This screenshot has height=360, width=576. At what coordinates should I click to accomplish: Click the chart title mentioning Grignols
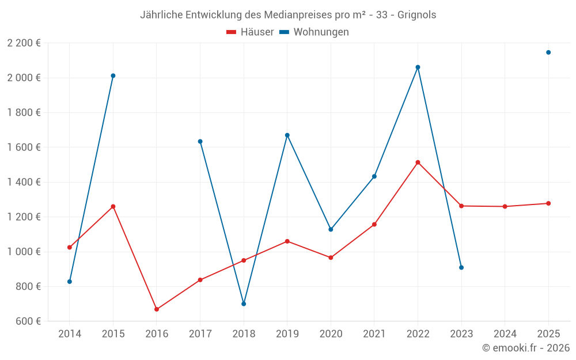tap(288, 15)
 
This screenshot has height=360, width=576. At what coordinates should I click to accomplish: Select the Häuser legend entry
tap(250, 32)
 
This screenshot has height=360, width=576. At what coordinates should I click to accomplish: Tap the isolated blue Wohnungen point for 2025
tap(548, 52)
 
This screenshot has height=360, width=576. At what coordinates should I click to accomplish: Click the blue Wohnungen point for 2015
tap(113, 75)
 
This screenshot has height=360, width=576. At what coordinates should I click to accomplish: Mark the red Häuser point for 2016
tap(157, 309)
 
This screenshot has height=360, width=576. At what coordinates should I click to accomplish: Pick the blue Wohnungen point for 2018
tap(244, 304)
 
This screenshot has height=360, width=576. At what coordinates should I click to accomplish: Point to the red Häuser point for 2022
tap(418, 162)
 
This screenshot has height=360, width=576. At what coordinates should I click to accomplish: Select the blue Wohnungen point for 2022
tap(418, 67)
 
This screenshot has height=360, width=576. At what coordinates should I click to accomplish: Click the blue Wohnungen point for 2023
tap(461, 267)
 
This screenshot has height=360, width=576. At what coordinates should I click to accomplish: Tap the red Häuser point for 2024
tap(505, 206)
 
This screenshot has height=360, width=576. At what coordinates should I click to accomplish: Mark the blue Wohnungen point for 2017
tap(200, 141)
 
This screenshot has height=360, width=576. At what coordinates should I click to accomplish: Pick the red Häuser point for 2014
tap(70, 247)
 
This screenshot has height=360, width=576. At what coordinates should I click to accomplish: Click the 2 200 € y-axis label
tap(24, 43)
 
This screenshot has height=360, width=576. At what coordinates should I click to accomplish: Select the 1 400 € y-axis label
tap(24, 182)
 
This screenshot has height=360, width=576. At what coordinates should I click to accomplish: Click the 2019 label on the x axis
tap(287, 334)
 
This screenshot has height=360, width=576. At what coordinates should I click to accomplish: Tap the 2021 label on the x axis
tap(374, 334)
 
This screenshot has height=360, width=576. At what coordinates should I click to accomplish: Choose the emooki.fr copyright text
tap(525, 348)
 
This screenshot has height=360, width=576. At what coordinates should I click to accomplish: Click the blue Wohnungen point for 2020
tap(331, 229)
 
